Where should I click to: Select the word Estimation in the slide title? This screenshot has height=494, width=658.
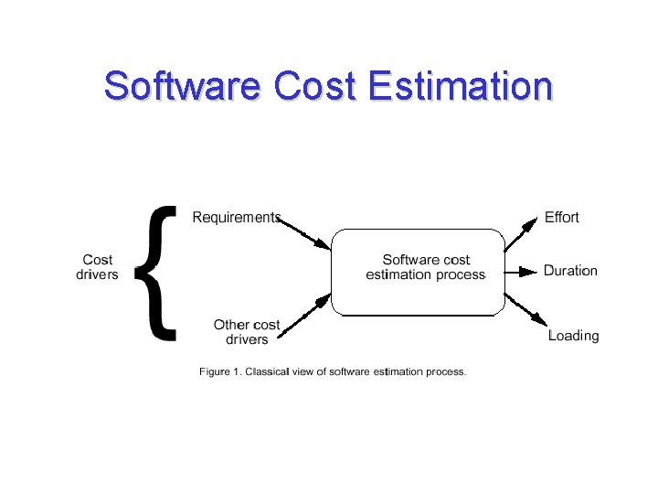click(460, 86)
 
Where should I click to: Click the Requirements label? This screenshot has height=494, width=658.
click(236, 218)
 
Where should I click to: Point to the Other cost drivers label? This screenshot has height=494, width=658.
click(247, 332)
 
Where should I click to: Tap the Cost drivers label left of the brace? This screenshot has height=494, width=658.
click(97, 267)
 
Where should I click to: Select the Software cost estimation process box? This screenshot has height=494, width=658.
click(418, 272)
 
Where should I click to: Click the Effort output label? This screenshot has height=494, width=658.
click(561, 218)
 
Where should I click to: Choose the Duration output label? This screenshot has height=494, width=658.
click(570, 271)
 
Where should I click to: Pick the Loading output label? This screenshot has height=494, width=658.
click(573, 336)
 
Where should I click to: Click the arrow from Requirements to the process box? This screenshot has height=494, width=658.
click(306, 232)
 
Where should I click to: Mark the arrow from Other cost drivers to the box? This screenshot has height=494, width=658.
click(306, 316)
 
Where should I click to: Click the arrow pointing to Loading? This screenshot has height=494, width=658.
click(524, 311)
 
